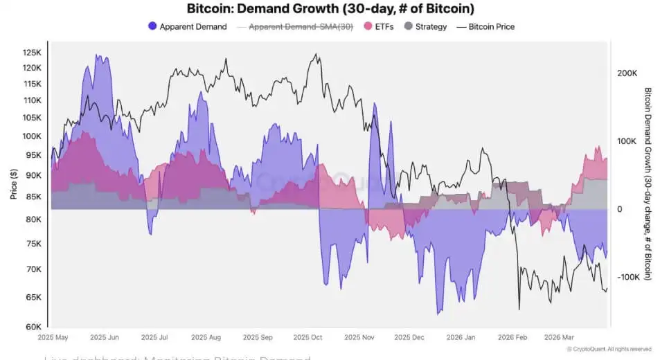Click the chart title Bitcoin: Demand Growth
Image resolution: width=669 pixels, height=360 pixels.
(x=331, y=9)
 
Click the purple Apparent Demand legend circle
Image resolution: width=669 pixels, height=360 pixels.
(x=152, y=27)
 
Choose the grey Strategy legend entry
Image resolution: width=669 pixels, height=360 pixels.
(x=409, y=27)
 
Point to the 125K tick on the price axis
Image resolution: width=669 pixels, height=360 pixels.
(x=32, y=53)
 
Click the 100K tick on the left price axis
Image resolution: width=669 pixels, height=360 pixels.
(x=32, y=136)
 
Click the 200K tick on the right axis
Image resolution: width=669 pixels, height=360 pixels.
(x=626, y=73)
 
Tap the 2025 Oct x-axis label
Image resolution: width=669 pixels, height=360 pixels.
(x=307, y=338)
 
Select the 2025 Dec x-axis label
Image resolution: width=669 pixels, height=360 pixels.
(x=409, y=338)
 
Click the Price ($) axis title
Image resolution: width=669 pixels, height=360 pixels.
(x=13, y=183)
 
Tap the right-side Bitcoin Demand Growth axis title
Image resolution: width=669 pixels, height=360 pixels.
(x=648, y=183)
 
